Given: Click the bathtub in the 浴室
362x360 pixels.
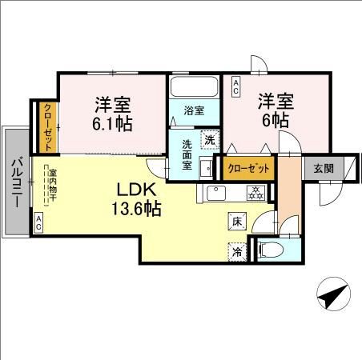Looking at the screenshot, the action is coord(194,87).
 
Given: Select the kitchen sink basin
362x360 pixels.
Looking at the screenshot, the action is coord(216,193).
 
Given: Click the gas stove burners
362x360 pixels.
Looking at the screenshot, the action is coord(256,193).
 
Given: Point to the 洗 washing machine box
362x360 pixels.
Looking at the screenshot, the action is coord(210,140).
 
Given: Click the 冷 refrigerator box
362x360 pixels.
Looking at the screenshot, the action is coord(237,252).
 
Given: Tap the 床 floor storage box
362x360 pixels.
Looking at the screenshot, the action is coord(237,222).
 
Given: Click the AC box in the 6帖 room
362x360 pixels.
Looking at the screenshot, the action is coord(235,87).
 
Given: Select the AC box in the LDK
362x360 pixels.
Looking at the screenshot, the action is coord(38,223).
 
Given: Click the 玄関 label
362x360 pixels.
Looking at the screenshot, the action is coord(324,169).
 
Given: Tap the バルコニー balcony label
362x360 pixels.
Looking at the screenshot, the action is coord(18,182).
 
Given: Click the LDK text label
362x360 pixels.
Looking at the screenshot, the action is coord(136,190).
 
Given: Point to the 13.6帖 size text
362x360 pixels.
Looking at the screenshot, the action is coord(136,209).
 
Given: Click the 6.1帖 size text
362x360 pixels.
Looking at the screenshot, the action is coord(112,124).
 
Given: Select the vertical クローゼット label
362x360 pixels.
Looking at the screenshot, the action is coord(48,128).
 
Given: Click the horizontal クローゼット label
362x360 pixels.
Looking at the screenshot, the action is coord(248,168).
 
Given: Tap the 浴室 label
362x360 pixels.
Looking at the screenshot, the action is coord(194,110).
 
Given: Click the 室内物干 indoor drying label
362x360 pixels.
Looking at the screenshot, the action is coord(52,186).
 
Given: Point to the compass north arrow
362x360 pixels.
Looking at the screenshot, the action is coord(333,294).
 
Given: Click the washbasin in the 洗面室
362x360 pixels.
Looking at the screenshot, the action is coord(206,168).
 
